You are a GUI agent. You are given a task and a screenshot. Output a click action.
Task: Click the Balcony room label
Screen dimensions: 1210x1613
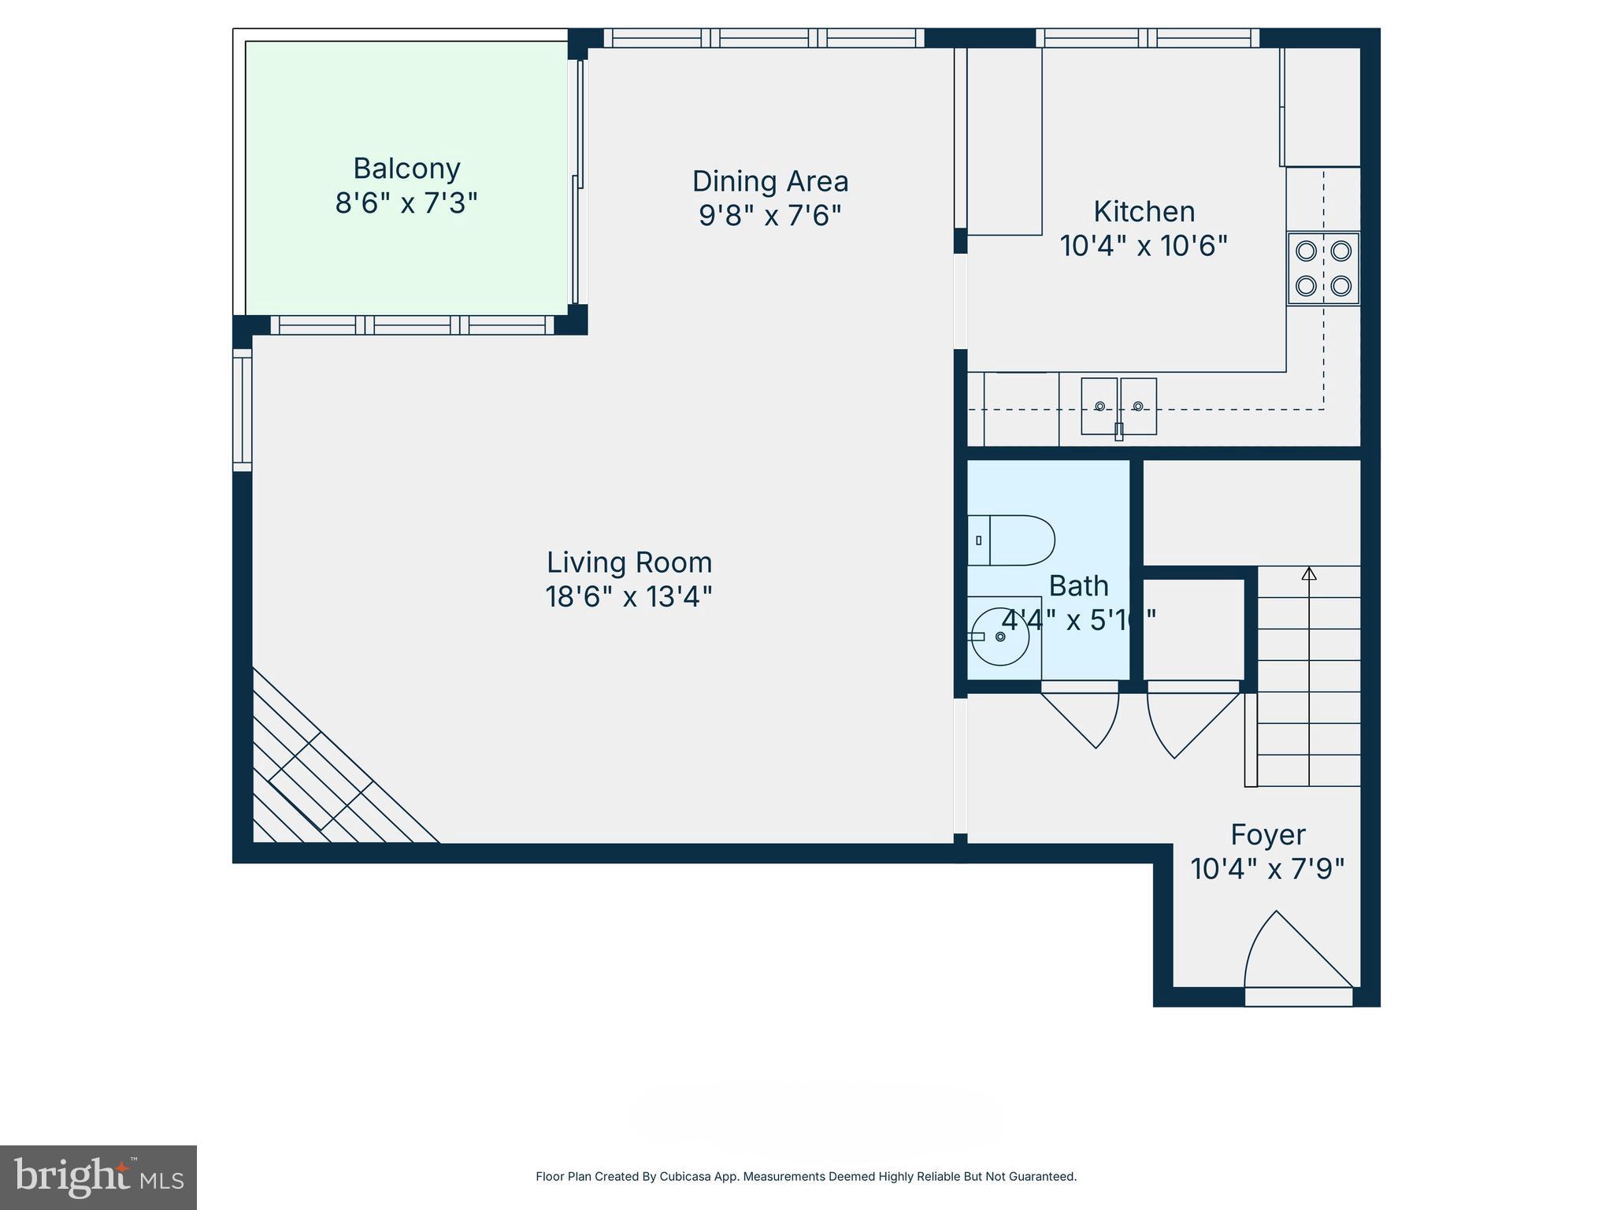(406, 169)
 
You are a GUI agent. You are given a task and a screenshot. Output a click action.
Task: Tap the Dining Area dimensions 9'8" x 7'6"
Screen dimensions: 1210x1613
(769, 215)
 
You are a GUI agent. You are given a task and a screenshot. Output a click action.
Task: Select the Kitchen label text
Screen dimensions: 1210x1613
(1144, 211)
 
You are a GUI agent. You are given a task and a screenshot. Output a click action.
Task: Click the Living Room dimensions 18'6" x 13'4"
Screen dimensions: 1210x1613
(629, 596)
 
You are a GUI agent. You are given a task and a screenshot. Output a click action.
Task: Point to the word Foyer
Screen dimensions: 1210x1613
(1267, 834)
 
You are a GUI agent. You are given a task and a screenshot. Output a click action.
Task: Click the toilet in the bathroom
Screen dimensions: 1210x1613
(1012, 540)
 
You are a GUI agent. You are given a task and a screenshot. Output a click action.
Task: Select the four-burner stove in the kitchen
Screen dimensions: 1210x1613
(1323, 268)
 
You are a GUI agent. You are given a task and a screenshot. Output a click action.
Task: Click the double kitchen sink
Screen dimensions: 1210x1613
(1118, 406)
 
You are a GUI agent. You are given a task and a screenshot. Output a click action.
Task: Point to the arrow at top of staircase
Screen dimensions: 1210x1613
(1309, 573)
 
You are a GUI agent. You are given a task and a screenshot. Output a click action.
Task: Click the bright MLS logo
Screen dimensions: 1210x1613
(98, 1178)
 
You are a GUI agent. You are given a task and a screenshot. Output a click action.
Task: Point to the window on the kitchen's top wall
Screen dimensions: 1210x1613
(1147, 38)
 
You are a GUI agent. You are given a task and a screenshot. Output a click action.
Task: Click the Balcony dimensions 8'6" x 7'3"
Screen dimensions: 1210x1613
(406, 203)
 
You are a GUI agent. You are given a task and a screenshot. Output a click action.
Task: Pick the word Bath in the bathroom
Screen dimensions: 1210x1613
(1078, 586)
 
